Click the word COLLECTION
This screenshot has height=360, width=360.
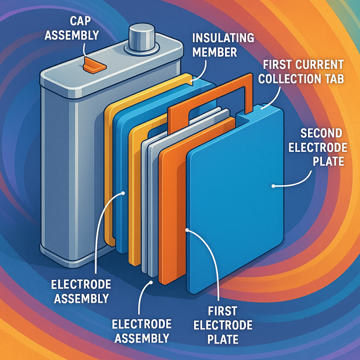[x=289, y=79]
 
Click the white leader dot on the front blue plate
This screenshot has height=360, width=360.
[x=273, y=186]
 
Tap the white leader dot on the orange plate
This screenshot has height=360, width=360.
[x=187, y=230]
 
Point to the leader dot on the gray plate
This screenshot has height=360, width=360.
[x=150, y=282]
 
